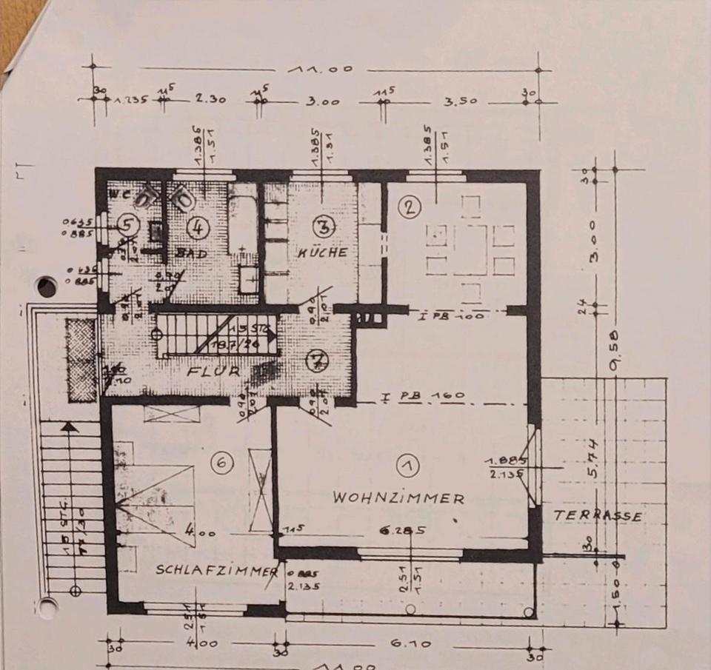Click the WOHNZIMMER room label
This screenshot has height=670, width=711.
(x=398, y=498)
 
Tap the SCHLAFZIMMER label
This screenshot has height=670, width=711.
(x=217, y=571)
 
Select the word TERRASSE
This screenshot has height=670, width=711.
(x=598, y=516)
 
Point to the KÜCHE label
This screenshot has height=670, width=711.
(x=322, y=252)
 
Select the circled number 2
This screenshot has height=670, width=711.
(x=408, y=207)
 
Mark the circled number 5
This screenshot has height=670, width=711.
(x=127, y=226)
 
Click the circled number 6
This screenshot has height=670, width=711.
(x=221, y=463)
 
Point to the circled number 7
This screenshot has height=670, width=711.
(x=316, y=362)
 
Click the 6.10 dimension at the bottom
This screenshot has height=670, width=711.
(x=408, y=644)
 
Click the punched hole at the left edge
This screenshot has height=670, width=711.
(x=47, y=286)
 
